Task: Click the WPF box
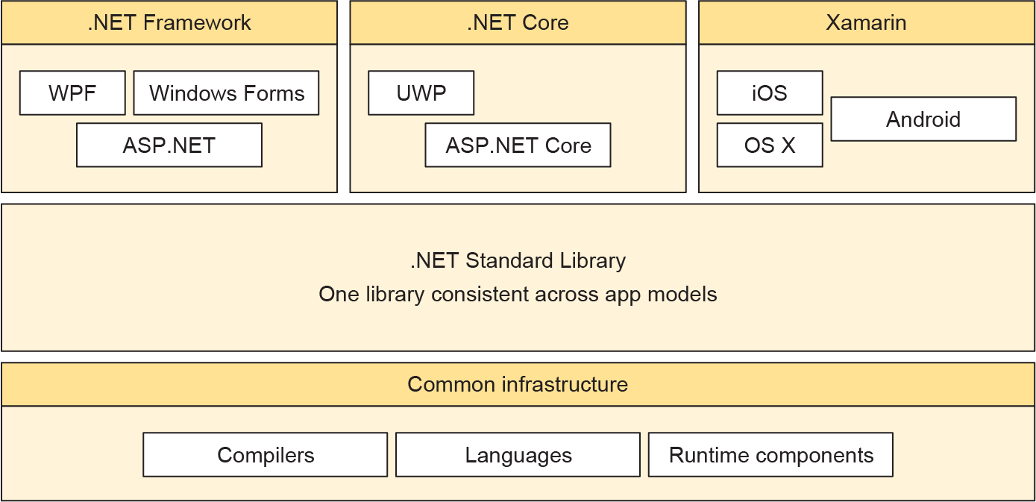pos(72,93)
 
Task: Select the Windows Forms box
pos(226,93)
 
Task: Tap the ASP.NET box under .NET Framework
pos(169,145)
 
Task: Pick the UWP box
pos(421,93)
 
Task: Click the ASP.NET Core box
pos(518,145)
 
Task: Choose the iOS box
pos(770,93)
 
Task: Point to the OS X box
pos(770,145)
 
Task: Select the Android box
pos(923,119)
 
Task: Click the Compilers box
pos(266,455)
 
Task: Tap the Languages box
pos(518,455)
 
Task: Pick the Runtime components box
pos(770,455)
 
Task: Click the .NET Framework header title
pos(169,22)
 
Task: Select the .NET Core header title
pos(518,22)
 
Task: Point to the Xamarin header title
pos(866,22)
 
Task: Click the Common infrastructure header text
pos(518,385)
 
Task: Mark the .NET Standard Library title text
pos(518,261)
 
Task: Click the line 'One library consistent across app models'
pos(518,295)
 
